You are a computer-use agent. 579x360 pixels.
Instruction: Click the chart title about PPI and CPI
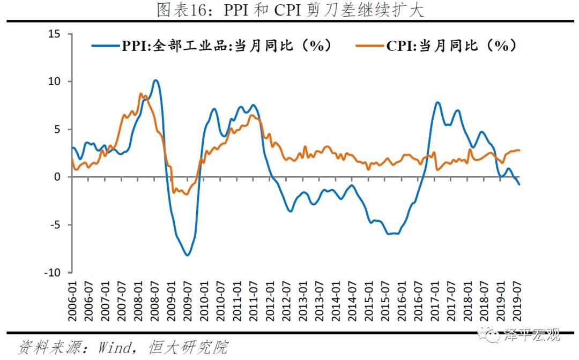[290, 10]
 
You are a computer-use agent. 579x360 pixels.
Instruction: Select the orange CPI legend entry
[437, 46]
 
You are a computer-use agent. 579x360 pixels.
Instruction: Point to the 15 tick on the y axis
[55, 34]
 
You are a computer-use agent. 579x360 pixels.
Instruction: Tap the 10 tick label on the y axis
[55, 81]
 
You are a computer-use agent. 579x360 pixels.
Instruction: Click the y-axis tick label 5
[58, 129]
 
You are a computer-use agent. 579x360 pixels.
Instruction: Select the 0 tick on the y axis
[58, 177]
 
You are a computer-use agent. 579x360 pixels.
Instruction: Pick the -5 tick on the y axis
[56, 224]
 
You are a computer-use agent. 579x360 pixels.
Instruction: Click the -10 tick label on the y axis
[53, 272]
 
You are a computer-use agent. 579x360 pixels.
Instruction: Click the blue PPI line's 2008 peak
[155, 81]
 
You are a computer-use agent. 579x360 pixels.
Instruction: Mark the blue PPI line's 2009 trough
[187, 255]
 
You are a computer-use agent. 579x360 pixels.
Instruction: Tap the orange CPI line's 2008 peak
[140, 94]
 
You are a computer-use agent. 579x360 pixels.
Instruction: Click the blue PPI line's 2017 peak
[437, 102]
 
